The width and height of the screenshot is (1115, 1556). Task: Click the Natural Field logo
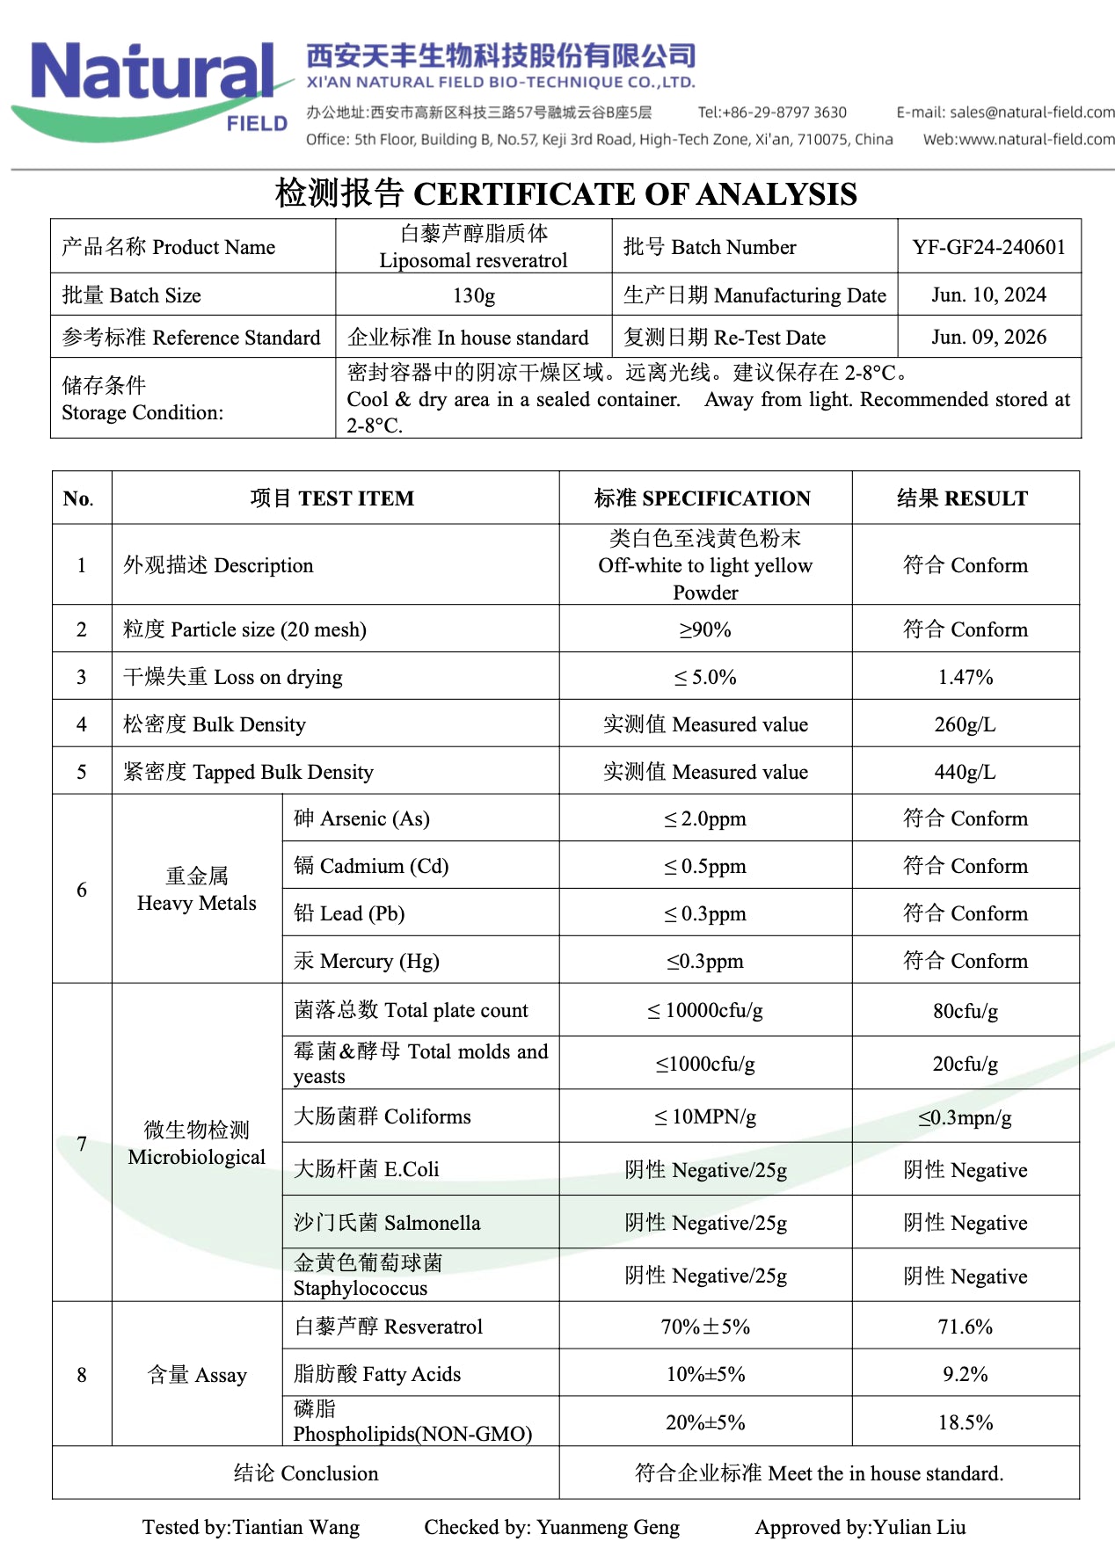click(x=154, y=88)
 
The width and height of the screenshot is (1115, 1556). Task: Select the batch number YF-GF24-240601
click(x=988, y=247)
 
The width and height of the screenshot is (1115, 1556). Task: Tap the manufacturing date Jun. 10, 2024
click(x=988, y=295)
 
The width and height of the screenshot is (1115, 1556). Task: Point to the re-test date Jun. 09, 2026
click(x=988, y=338)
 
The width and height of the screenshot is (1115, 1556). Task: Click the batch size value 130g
click(x=473, y=295)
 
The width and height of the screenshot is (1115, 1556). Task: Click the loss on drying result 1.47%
click(x=965, y=677)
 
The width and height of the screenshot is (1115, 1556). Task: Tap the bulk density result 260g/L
click(x=965, y=724)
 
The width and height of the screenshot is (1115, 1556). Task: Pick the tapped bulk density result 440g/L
click(x=965, y=772)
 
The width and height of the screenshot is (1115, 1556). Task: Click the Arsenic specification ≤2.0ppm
click(x=704, y=819)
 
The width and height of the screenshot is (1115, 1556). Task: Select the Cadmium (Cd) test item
click(x=371, y=866)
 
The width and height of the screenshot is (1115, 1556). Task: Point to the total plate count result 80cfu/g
click(x=965, y=1011)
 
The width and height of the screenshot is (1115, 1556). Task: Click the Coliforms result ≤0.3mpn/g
click(x=965, y=1117)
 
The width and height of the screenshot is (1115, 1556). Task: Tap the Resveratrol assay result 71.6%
click(x=965, y=1327)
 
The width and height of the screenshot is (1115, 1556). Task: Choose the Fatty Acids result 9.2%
click(x=965, y=1374)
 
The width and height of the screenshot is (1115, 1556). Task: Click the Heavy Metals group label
click(x=197, y=890)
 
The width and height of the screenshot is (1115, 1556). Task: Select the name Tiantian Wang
click(x=295, y=1527)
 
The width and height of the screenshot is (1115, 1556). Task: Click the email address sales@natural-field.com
click(x=1032, y=113)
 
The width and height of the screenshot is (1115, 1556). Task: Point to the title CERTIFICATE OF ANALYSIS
click(x=635, y=194)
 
